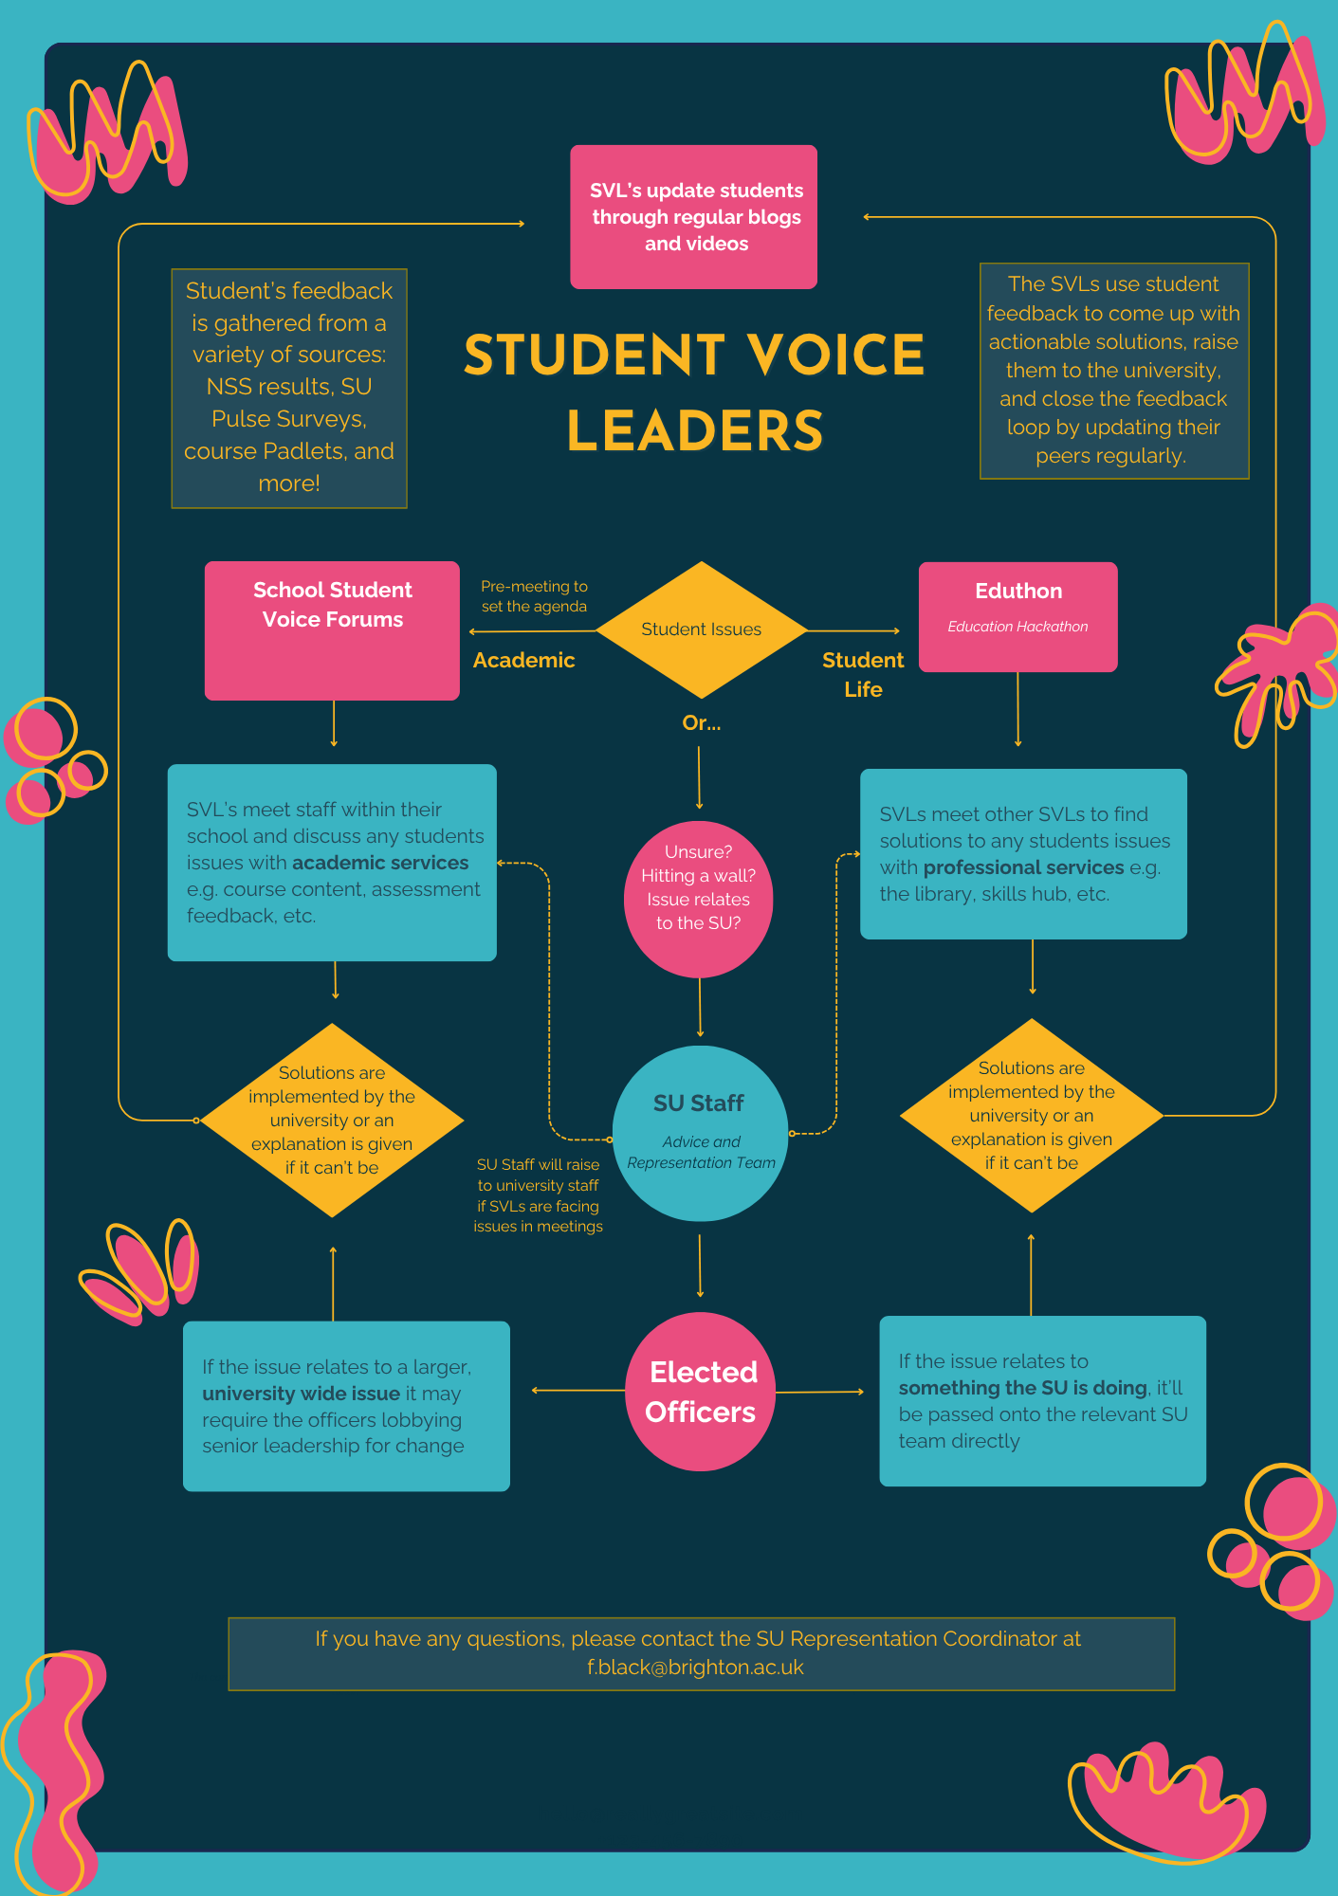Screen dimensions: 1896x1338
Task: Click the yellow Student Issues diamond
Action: pos(701,629)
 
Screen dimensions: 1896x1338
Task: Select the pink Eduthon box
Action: pos(1017,616)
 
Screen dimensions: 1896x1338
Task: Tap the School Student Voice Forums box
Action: pos(332,630)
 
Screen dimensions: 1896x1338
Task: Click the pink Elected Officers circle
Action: pos(701,1391)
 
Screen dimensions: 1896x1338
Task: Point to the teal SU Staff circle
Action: pos(700,1133)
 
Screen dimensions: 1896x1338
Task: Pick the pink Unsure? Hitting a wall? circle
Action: pos(699,899)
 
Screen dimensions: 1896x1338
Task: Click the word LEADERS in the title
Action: pos(695,431)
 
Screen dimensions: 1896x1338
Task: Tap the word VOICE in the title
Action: pos(835,355)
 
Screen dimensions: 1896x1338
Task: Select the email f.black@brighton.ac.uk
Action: pos(695,1668)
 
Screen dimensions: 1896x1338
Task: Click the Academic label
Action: pos(523,660)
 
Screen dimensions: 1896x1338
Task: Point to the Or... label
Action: pos(701,722)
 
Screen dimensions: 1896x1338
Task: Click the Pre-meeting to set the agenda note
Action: pos(534,596)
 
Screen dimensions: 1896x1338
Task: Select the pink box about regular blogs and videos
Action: pos(693,217)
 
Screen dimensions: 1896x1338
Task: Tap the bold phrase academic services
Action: pos(380,863)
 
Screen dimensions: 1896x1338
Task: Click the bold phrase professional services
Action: pos(1023,867)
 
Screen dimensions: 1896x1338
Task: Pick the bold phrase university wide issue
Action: pos(301,1394)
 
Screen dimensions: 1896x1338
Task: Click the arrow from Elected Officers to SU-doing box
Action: pos(819,1392)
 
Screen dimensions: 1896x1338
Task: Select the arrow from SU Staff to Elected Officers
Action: pos(700,1266)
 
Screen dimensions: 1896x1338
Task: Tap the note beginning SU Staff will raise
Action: pos(538,1194)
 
